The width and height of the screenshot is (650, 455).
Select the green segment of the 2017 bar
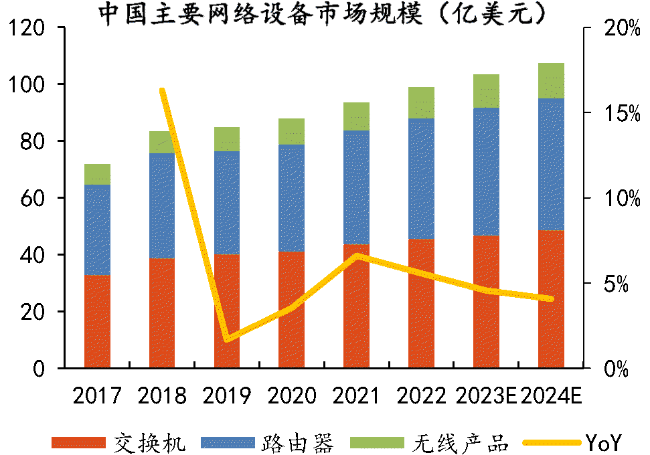97,174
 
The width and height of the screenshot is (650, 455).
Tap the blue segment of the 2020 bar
291,198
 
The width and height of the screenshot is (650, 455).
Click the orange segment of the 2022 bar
421,303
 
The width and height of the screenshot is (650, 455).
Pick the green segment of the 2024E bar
551,80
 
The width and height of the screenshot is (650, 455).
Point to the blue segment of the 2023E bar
486,171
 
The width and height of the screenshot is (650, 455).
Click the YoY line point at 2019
228,339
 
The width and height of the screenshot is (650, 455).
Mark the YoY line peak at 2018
162,90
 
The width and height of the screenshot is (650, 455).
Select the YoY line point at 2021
357,256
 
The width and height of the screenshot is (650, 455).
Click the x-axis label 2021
357,396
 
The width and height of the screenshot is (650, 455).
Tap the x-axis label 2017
97,396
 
